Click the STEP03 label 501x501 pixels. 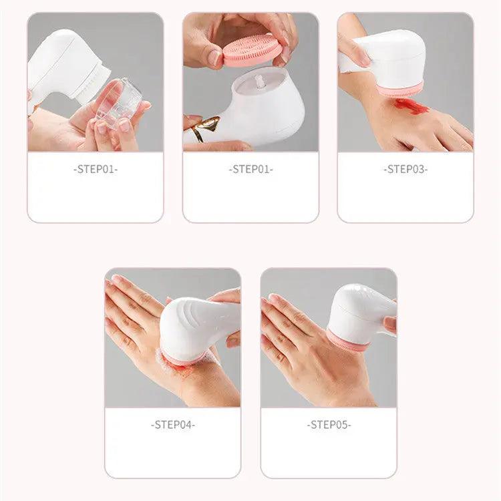pos(405,170)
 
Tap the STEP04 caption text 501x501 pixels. pos(173,424)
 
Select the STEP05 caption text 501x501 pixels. pos(329,424)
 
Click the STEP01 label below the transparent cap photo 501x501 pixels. pos(96,170)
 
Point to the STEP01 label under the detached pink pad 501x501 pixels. pos(251,170)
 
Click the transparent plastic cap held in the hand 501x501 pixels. pos(119,104)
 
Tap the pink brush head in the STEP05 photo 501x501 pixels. pos(347,341)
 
